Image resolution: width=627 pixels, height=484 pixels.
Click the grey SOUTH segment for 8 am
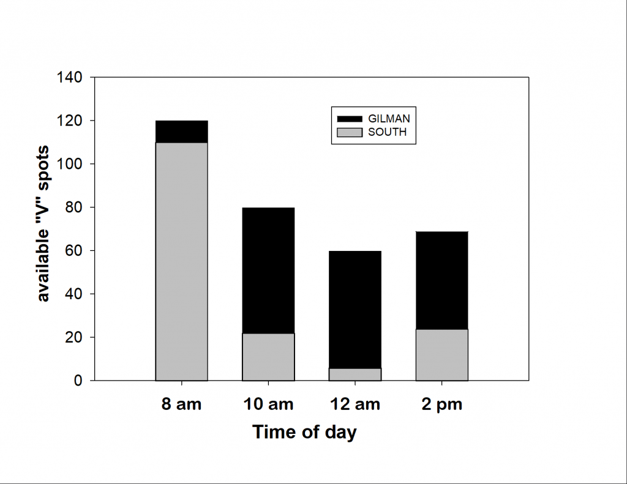[x=181, y=261]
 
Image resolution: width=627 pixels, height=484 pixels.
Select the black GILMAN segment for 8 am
[x=181, y=132]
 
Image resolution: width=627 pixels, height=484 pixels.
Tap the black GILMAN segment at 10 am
[x=268, y=270]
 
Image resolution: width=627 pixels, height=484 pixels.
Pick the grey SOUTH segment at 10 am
[x=268, y=357]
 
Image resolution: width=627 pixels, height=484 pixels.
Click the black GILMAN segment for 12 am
[x=355, y=310]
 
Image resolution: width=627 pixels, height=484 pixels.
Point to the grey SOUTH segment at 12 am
[x=355, y=374]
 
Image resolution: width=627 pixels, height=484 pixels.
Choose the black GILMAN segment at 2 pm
[x=441, y=280]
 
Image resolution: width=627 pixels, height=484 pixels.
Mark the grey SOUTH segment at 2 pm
[x=441, y=355]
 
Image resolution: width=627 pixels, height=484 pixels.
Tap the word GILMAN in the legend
[x=389, y=118]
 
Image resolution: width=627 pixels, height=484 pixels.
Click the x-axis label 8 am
[x=182, y=404]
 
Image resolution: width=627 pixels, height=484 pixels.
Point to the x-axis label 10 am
[x=268, y=404]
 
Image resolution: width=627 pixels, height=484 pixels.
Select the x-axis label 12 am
[x=355, y=404]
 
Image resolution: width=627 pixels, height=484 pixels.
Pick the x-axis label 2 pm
[x=441, y=404]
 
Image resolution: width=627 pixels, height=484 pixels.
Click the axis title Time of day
[x=304, y=432]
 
